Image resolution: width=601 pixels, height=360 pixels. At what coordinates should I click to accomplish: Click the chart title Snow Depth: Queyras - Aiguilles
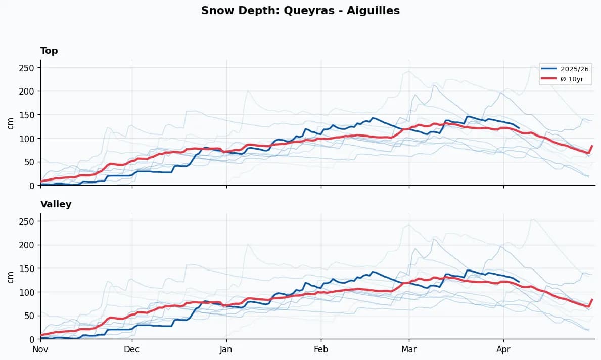pyautogui.click(x=300, y=11)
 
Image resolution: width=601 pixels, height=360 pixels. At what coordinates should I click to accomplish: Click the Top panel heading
pyautogui.click(x=49, y=51)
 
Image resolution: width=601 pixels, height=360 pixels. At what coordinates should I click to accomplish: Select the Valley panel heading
pyautogui.click(x=56, y=204)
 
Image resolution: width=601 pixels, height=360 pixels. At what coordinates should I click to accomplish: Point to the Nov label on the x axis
pyautogui.click(x=40, y=349)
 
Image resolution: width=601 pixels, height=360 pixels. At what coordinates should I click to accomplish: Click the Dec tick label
pyautogui.click(x=132, y=349)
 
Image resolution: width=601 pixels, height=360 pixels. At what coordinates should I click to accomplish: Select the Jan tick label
pyautogui.click(x=226, y=349)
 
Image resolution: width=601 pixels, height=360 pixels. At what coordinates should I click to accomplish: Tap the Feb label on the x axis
pyautogui.click(x=321, y=349)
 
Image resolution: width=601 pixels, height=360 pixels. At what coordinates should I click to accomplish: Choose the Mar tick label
pyautogui.click(x=409, y=349)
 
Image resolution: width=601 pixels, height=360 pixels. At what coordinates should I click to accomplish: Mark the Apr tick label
pyautogui.click(x=503, y=349)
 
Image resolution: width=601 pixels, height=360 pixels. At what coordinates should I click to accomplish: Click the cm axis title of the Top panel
pyautogui.click(x=11, y=122)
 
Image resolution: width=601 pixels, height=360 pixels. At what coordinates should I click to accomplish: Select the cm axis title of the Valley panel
pyautogui.click(x=11, y=276)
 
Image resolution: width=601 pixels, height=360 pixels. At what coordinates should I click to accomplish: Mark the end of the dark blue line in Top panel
pyautogui.click(x=519, y=128)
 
